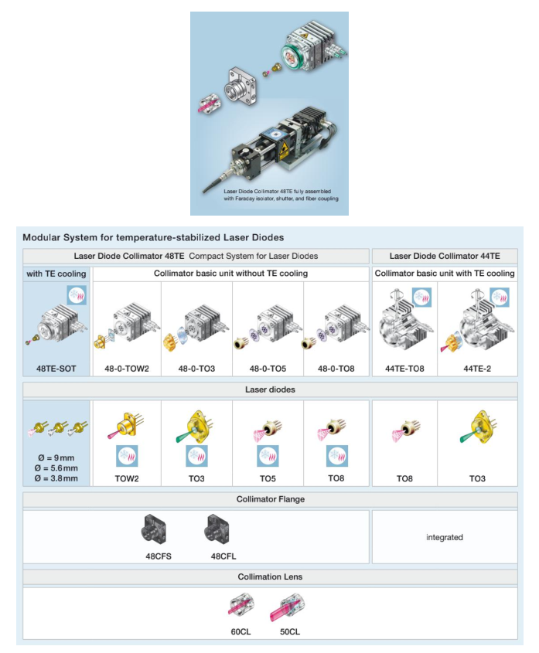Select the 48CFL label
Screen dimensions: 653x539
tap(225, 556)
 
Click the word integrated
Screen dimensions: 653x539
tap(444, 537)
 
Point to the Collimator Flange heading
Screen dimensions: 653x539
tap(270, 499)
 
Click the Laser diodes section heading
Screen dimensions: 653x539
tap(270, 390)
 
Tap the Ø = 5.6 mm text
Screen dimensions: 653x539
tap(56, 468)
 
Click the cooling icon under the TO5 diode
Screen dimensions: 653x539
tap(268, 456)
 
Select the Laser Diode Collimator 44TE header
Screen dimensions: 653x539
tap(444, 256)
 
